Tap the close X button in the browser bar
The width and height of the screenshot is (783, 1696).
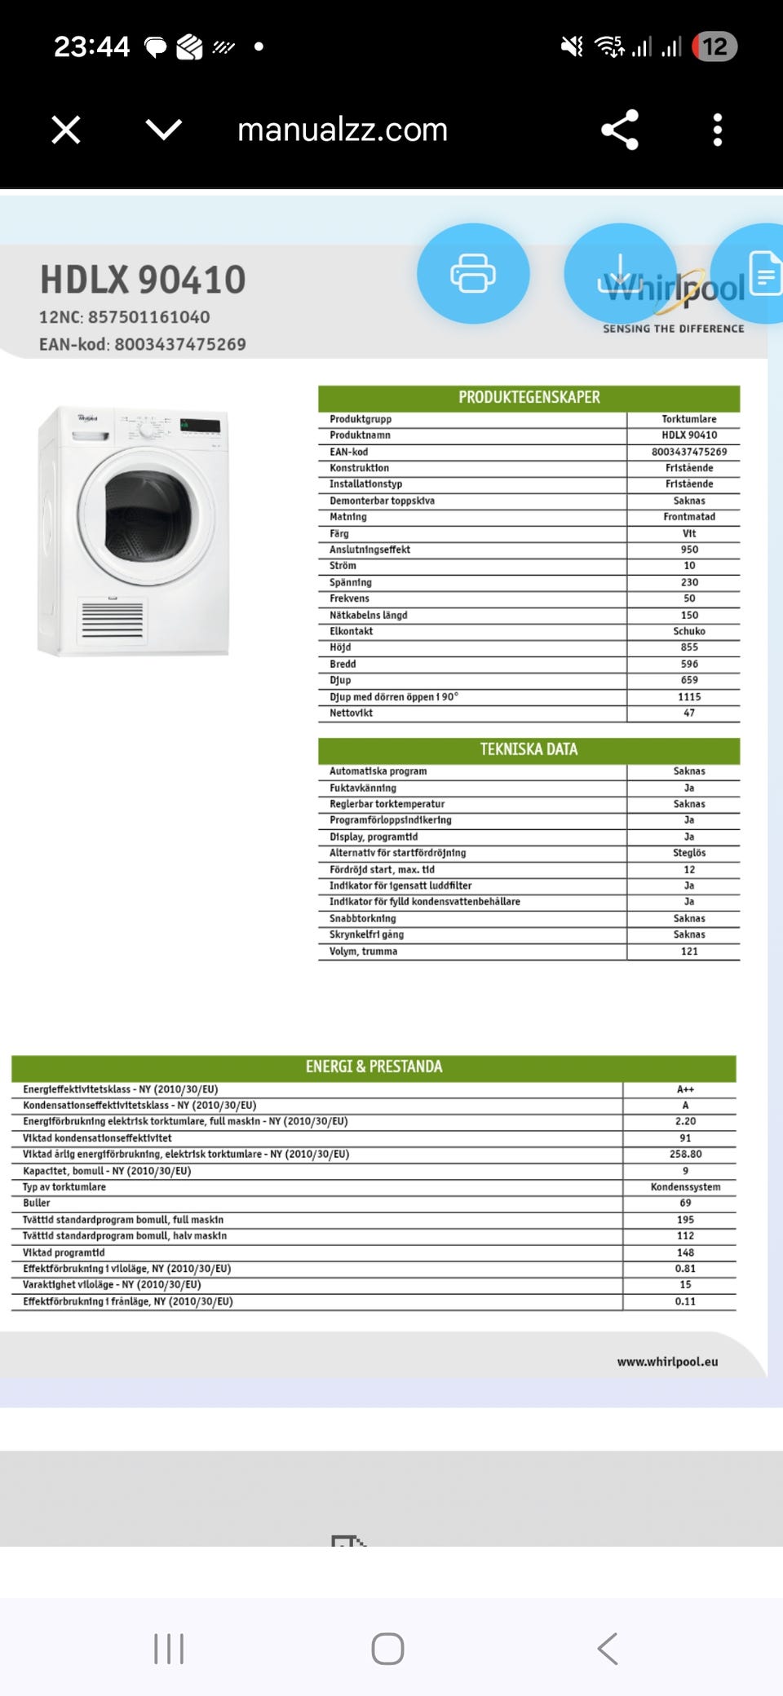click(x=66, y=130)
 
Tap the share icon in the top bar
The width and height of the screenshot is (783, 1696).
click(x=619, y=130)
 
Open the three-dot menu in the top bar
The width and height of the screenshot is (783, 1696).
click(x=717, y=130)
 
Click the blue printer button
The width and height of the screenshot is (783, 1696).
click(x=473, y=273)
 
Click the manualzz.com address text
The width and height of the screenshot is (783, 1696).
click(x=343, y=130)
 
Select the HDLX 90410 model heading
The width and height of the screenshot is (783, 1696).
click(x=143, y=280)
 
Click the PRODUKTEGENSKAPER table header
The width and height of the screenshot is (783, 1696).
click(x=529, y=398)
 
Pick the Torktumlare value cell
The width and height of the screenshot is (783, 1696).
click(x=688, y=419)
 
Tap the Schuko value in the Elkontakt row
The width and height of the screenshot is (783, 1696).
click(x=688, y=631)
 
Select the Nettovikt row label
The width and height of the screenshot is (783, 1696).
click(x=351, y=713)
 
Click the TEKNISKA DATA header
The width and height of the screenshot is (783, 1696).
click(x=529, y=749)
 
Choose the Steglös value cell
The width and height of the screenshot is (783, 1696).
click(x=688, y=853)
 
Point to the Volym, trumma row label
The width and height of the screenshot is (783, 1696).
click(x=363, y=952)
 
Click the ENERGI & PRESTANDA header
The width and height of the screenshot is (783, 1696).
click(x=374, y=1067)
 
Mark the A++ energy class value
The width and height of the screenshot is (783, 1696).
click(x=685, y=1089)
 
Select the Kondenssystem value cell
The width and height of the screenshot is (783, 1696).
click(x=685, y=1187)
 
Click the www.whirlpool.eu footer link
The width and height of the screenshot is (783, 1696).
click(x=667, y=1362)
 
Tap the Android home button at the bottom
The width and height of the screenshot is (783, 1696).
click(x=387, y=1649)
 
